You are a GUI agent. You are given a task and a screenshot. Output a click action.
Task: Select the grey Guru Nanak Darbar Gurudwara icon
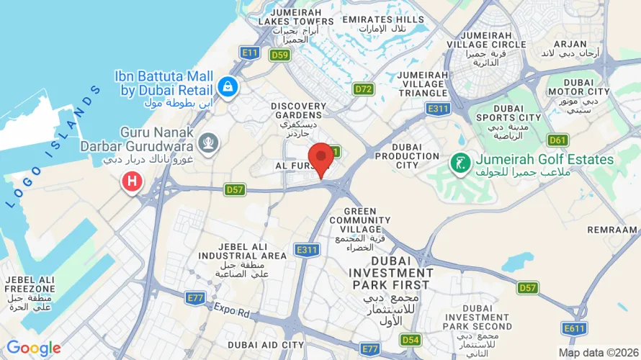209,143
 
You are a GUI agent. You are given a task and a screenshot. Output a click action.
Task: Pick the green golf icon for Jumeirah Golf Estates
458,164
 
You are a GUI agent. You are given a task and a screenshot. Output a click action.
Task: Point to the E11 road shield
250,53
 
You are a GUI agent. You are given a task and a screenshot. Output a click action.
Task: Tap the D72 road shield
363,89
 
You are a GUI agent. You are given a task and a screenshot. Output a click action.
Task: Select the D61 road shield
557,140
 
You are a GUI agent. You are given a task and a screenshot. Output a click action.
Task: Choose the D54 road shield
411,339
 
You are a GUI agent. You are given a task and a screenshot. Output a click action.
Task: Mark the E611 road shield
575,328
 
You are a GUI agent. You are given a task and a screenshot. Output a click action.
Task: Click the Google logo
33,348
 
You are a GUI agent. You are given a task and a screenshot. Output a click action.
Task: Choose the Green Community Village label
359,217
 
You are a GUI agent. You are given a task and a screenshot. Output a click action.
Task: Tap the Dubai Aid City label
266,346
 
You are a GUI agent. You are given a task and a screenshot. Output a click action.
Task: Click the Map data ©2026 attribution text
598,353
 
